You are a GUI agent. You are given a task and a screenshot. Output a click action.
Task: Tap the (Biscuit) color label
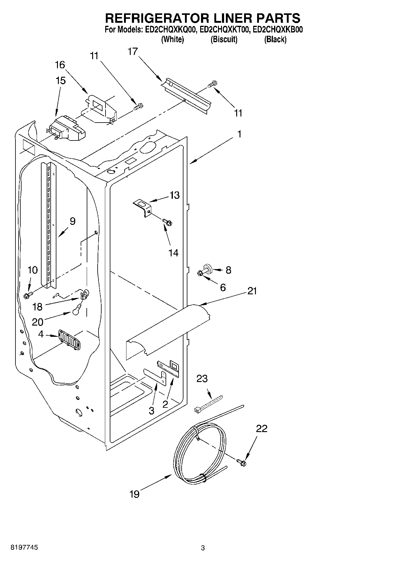[224, 39]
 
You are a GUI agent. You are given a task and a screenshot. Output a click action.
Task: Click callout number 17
[133, 52]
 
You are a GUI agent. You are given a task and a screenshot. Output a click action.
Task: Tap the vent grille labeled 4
[69, 340]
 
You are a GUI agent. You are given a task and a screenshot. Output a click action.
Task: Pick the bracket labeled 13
[143, 207]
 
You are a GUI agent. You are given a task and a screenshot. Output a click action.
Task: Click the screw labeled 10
[27, 295]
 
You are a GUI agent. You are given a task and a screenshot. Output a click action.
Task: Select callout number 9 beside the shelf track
[72, 221]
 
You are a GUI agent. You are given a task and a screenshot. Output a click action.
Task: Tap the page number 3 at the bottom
[203, 548]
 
